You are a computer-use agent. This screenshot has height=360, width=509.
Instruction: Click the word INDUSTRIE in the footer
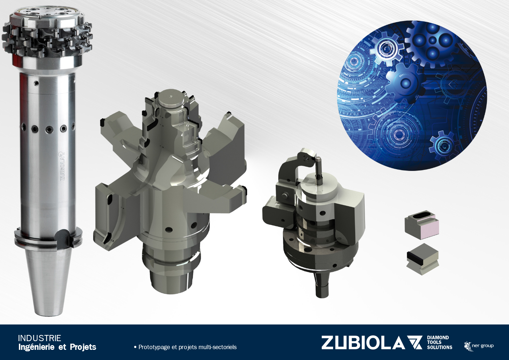coord(40,338)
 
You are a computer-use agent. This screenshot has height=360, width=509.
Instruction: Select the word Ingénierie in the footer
coord(36,347)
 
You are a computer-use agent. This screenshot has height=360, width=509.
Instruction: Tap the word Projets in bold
coord(83,347)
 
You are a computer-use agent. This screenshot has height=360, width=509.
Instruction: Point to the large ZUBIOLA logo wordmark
coord(363,343)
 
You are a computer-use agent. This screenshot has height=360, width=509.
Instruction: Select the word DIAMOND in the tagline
coord(438,338)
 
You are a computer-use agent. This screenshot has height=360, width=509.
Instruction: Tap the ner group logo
coord(479,346)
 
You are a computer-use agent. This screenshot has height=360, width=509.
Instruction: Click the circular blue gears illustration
coord(412,95)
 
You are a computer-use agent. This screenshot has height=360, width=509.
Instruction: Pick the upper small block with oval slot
coord(422,225)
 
